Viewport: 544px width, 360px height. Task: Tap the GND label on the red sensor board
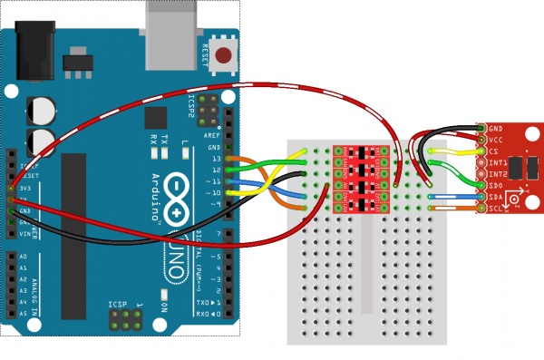(x=495, y=130)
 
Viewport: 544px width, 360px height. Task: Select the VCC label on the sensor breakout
(x=495, y=141)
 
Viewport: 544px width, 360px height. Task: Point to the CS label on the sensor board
(x=492, y=151)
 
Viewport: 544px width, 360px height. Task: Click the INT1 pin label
(x=496, y=162)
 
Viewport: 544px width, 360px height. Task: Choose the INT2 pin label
(x=496, y=173)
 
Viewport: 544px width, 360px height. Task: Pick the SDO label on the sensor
(x=495, y=185)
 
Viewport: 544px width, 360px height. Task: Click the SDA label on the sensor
(x=495, y=196)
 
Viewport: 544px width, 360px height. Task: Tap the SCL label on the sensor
(x=495, y=208)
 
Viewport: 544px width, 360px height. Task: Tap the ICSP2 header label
(x=191, y=105)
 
